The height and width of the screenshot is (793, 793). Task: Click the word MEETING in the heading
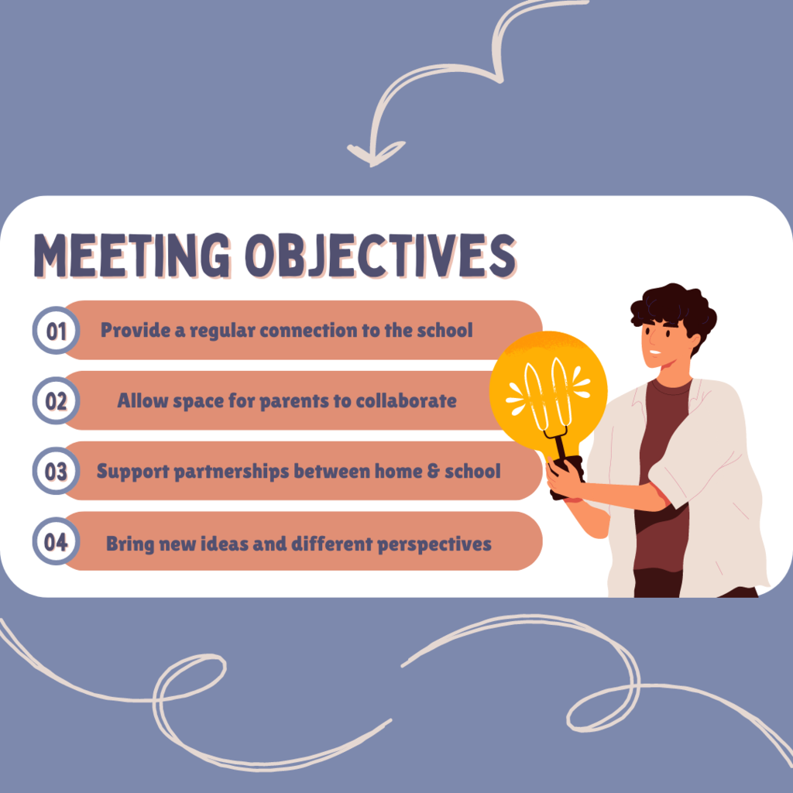(132, 256)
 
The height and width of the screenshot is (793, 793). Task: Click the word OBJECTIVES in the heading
(380, 256)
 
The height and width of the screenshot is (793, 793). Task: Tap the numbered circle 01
(56, 331)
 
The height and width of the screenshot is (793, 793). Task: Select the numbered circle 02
(56, 401)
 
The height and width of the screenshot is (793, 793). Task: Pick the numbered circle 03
(56, 472)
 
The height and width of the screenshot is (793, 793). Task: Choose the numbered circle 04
(56, 541)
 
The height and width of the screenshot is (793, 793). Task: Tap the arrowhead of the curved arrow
(374, 153)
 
